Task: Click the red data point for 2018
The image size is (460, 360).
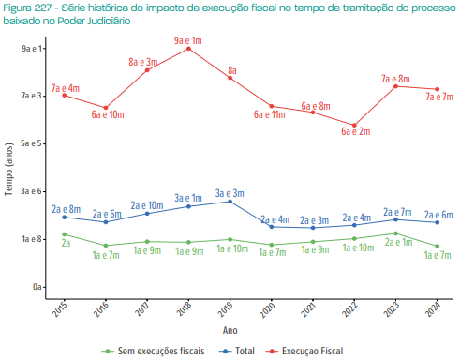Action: click(189, 48)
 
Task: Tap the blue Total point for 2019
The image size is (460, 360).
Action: click(230, 202)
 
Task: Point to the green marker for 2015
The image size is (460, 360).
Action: click(65, 234)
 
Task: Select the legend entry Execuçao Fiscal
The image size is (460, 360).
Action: click(314, 351)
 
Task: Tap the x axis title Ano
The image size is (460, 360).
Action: click(230, 330)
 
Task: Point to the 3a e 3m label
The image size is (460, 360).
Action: click(230, 192)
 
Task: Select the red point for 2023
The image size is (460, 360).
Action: click(396, 86)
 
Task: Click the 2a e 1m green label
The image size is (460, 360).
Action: click(396, 243)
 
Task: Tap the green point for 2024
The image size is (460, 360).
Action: click(438, 247)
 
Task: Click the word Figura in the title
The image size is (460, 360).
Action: click(20, 7)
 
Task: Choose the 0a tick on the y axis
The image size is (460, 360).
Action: click(37, 287)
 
